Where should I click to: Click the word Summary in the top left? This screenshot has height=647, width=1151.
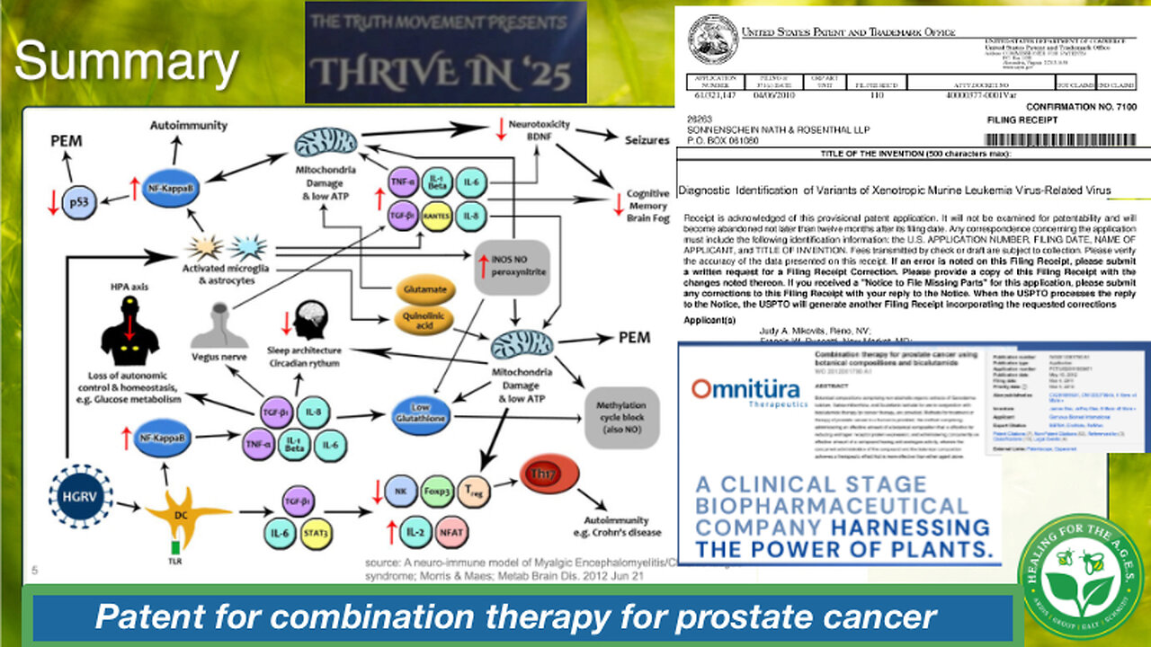coord(127,63)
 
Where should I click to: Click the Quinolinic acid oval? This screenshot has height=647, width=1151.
coord(424,323)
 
